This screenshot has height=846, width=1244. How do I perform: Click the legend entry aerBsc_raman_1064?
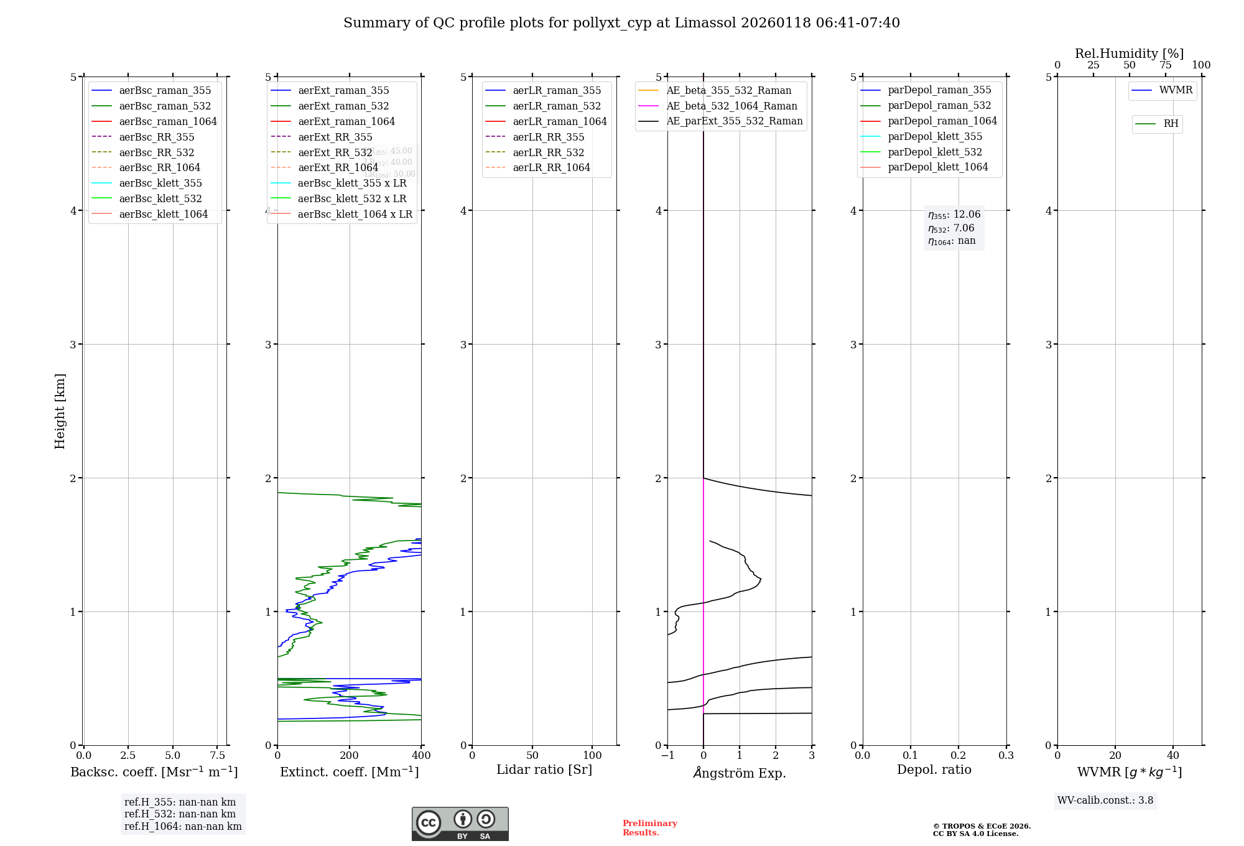[x=168, y=121]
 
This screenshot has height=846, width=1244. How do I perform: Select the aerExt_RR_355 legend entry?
[x=335, y=137]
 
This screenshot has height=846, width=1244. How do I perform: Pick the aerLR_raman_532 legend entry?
[x=557, y=106]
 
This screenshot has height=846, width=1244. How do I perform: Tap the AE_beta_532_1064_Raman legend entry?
[x=731, y=106]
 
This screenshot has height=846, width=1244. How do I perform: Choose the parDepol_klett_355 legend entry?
[x=935, y=136]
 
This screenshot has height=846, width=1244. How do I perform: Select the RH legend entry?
[x=1171, y=124]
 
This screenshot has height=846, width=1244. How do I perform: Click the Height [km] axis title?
[x=60, y=411]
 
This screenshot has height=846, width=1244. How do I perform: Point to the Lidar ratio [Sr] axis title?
[x=544, y=769]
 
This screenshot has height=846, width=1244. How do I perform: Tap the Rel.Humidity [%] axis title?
[x=1129, y=53]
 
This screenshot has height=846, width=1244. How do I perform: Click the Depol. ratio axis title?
[x=934, y=769]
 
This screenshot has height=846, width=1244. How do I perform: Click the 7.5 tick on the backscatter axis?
[x=217, y=755]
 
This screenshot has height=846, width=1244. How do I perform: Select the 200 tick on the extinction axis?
[x=350, y=755]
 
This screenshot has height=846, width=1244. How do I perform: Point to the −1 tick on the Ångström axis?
[x=667, y=755]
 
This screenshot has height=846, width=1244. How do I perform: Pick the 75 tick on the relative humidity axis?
[x=1165, y=65]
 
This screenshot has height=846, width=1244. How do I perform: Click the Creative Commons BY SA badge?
[x=460, y=824]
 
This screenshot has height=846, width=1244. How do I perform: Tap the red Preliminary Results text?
[x=649, y=828]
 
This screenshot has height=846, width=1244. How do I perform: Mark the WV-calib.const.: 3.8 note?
[x=1105, y=801]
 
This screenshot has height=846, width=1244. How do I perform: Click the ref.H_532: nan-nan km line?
[x=180, y=814]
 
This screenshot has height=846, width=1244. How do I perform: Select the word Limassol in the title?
[x=705, y=23]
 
